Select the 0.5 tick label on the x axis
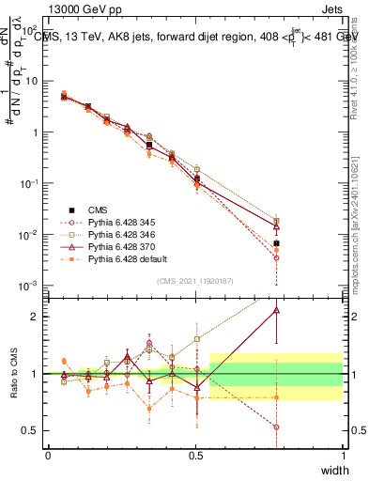tap(195, 455)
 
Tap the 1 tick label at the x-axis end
tap(344, 455)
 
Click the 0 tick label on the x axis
tap(48, 455)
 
